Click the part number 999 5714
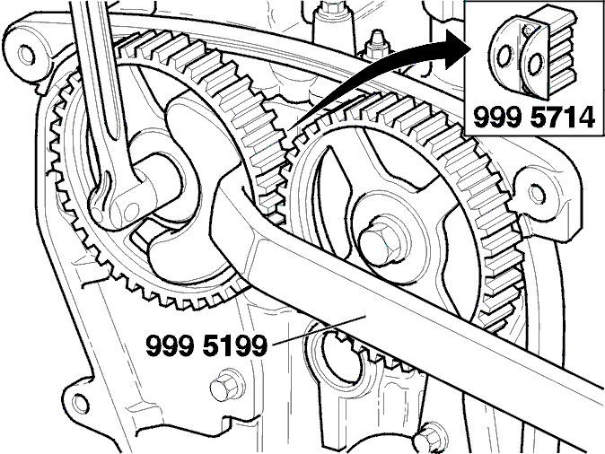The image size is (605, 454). pyautogui.click(x=533, y=118)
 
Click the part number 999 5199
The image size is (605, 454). pyautogui.click(x=206, y=345)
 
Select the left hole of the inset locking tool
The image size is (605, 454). pyautogui.click(x=504, y=57)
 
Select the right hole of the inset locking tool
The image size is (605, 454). pyautogui.click(x=534, y=64)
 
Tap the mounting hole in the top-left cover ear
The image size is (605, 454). pyautogui.click(x=26, y=55)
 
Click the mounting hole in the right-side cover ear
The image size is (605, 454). pyautogui.click(x=537, y=193)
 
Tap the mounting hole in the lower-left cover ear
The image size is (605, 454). pyautogui.click(x=80, y=402)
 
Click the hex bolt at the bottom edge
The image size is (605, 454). pyautogui.click(x=429, y=439)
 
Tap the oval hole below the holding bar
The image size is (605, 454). pyautogui.click(x=342, y=359)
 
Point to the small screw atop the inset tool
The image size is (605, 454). pyautogui.click(x=529, y=29)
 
